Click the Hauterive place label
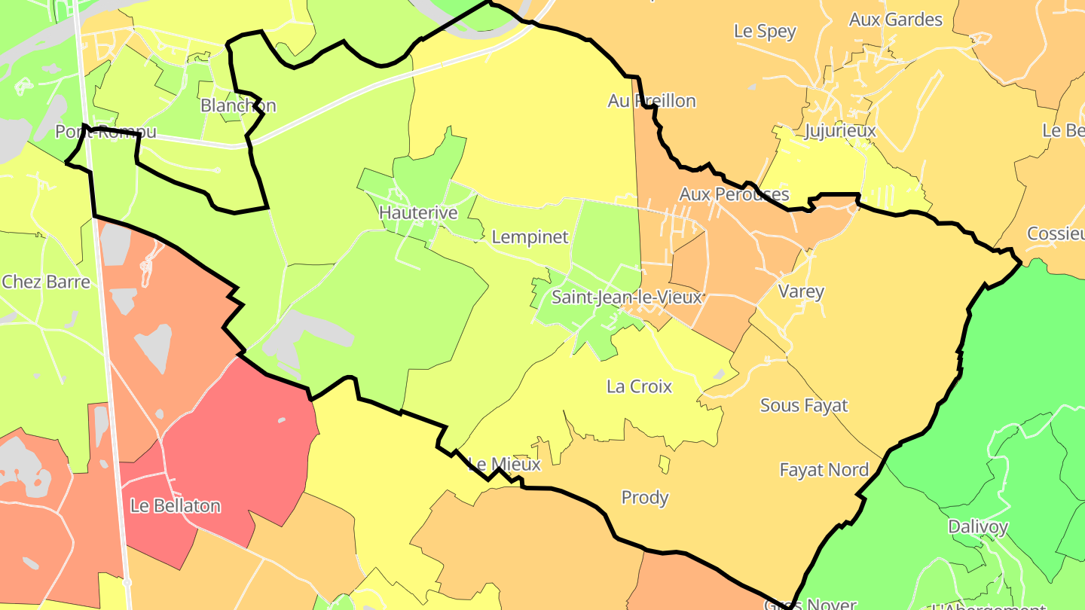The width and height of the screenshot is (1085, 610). (418, 213)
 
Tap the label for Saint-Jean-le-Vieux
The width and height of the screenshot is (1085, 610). (627, 297)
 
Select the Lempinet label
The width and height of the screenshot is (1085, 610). (530, 237)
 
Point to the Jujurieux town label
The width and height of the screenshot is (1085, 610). (840, 131)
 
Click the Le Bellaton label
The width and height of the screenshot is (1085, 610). (176, 506)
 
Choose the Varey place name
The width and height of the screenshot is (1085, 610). (801, 291)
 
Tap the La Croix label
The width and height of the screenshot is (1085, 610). (639, 386)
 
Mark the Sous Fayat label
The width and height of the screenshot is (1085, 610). (804, 405)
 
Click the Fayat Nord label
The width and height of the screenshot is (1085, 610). (824, 470)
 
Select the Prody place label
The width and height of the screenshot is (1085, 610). (645, 498)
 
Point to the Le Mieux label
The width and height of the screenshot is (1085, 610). (504, 464)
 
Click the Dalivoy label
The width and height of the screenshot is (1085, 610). (978, 527)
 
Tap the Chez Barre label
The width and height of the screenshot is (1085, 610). (46, 282)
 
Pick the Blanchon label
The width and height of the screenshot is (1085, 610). (238, 105)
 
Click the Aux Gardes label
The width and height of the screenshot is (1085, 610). (895, 20)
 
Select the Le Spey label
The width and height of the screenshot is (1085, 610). (765, 32)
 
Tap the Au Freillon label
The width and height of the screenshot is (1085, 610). (652, 101)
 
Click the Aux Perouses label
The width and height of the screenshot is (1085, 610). (734, 194)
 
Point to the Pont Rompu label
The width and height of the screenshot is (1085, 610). (105, 132)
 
